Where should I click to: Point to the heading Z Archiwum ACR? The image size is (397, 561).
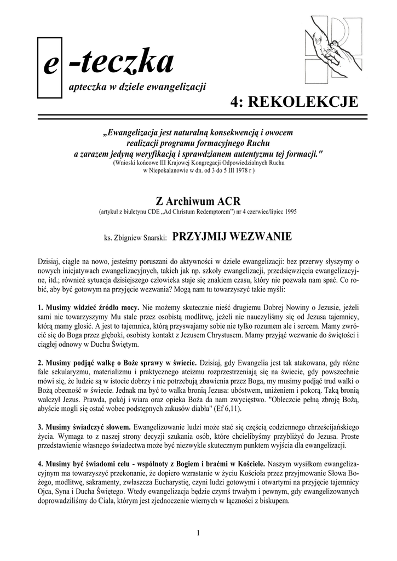coord(198,200)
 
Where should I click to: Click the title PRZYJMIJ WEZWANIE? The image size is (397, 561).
coord(232,237)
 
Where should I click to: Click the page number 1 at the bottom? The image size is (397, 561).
coord(198,533)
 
